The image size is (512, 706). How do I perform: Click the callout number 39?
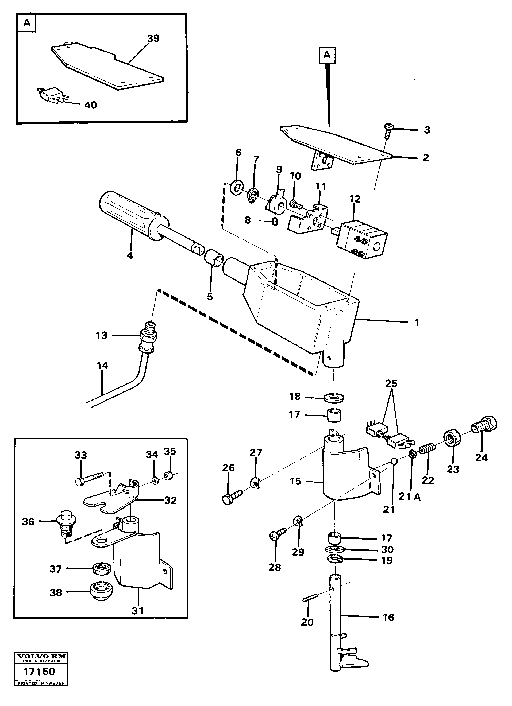[153, 38]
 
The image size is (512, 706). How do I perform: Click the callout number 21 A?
[410, 497]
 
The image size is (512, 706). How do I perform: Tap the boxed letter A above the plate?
[327, 55]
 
